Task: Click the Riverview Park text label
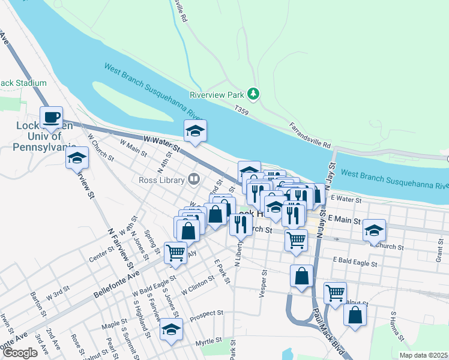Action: (217, 95)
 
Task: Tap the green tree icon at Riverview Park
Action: (254, 94)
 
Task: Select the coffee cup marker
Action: (51, 117)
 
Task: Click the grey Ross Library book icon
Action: (193, 178)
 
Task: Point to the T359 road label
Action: (241, 110)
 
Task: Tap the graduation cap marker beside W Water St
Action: (195, 131)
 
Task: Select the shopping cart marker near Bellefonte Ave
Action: (176, 253)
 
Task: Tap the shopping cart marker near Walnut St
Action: (335, 293)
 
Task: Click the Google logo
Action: (20, 353)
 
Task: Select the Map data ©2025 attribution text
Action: (423, 355)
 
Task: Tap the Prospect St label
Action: (206, 314)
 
